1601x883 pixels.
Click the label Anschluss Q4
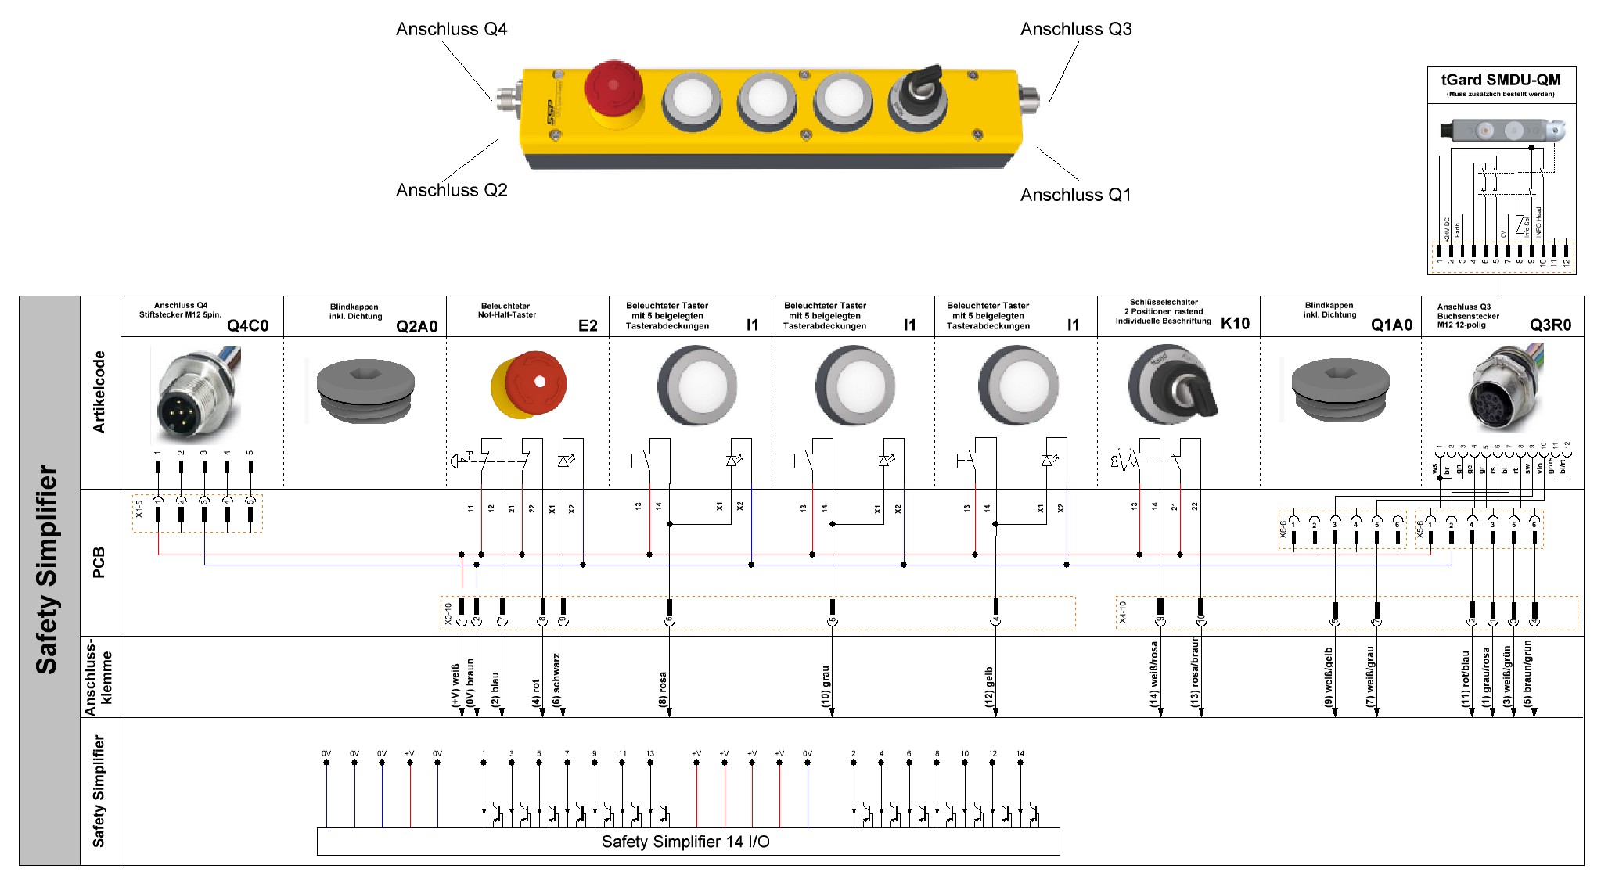pos(452,30)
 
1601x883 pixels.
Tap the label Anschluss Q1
pos(1075,196)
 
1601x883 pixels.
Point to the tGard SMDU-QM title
pos(1500,80)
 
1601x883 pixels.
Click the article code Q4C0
pos(247,326)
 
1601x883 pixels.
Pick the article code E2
pos(588,326)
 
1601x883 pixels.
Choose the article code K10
pos(1235,324)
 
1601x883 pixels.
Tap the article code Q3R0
pos(1550,325)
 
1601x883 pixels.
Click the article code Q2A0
pos(416,327)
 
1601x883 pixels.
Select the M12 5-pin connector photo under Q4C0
pos(196,395)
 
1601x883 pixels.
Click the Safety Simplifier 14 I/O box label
pos(685,842)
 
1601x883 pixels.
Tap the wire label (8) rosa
pos(663,689)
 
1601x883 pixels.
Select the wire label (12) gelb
pos(989,687)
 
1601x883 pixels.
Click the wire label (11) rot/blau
pos(1466,679)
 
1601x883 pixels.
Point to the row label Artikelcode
pos(99,392)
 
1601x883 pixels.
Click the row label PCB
pos(99,562)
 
